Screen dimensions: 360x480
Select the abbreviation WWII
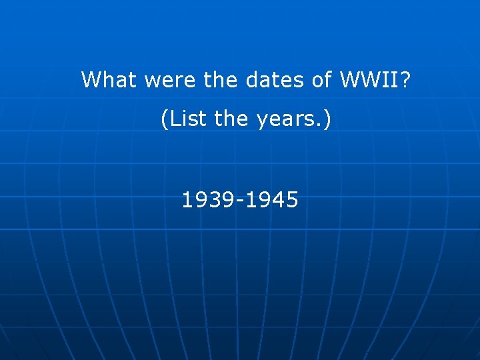tap(369, 80)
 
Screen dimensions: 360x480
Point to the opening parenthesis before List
tap(165, 120)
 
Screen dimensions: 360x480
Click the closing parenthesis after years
tap(327, 120)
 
